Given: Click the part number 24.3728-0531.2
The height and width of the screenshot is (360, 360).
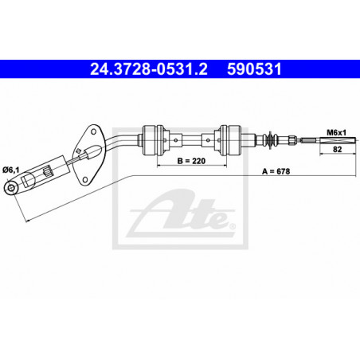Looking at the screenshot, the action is click(x=149, y=69).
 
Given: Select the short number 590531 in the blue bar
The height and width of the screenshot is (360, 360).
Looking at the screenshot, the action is click(x=254, y=69).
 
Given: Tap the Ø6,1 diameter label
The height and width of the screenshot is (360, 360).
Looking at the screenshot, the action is click(x=11, y=170).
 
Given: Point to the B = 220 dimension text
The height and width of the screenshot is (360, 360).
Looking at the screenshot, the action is click(x=191, y=161).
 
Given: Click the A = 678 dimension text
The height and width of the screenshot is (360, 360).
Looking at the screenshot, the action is click(x=276, y=171).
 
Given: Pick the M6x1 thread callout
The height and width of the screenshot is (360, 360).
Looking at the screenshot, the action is click(x=336, y=132).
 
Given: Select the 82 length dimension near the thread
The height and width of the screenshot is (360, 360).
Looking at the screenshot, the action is click(x=337, y=149).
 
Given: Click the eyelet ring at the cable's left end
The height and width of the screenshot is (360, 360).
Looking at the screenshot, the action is click(x=11, y=188).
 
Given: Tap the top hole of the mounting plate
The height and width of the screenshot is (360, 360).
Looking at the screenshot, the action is click(x=93, y=131).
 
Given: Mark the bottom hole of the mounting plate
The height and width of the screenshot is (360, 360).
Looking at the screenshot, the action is click(x=84, y=180).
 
